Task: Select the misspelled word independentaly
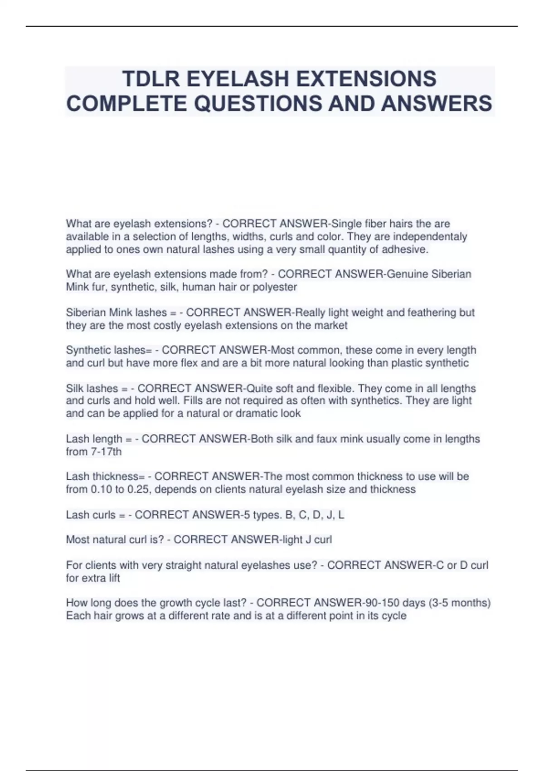coord(431,237)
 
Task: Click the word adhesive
coord(405,249)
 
